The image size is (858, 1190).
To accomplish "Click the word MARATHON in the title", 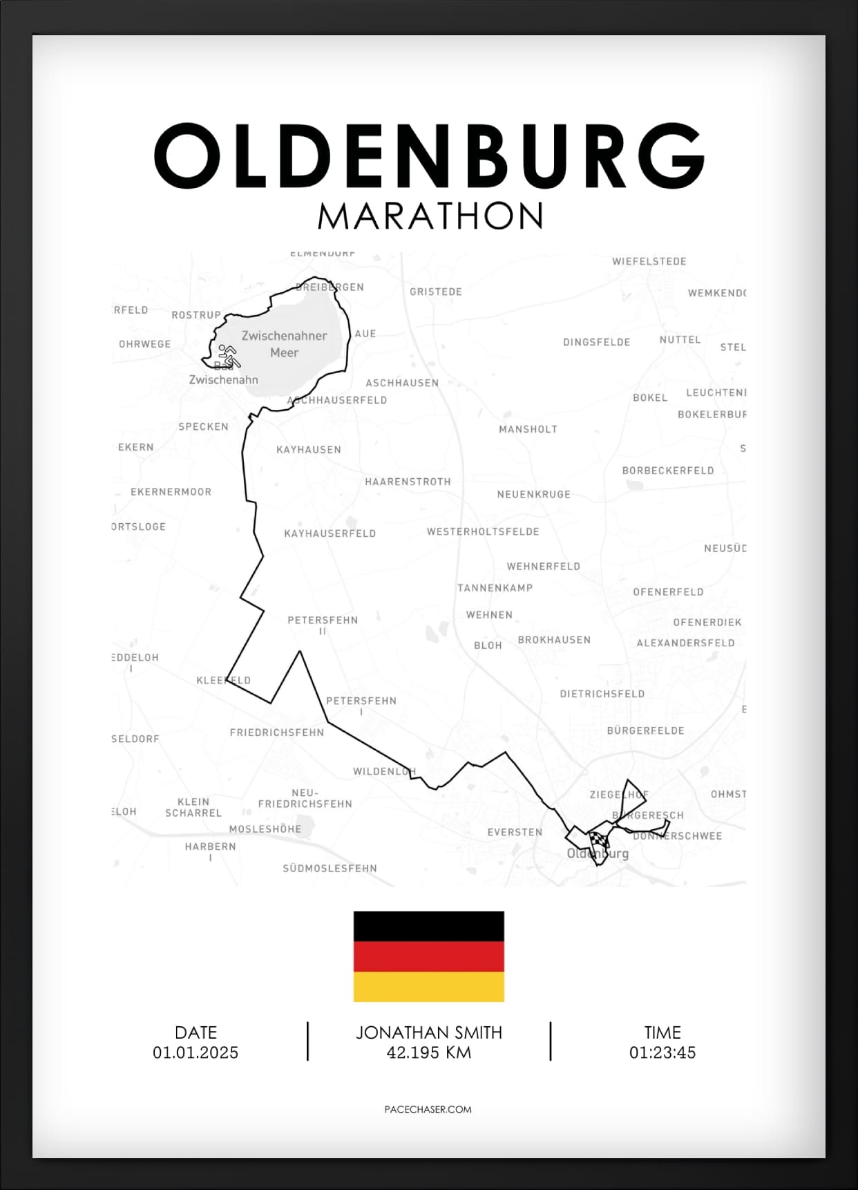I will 430,216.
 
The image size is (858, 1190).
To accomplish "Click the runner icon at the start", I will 229,356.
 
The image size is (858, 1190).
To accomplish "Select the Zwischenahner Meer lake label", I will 284,344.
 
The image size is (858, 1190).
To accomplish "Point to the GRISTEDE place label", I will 436,292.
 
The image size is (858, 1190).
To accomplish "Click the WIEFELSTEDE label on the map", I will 649,261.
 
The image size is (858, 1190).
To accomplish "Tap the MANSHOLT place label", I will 528,429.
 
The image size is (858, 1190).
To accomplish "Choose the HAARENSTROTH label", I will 408,482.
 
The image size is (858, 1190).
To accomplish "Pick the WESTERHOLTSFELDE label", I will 483,531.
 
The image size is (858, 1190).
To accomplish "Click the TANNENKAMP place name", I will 495,588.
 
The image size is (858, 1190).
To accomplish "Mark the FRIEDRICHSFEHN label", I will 277,733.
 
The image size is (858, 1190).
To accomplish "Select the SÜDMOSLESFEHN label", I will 330,868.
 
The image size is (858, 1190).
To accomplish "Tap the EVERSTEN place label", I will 515,832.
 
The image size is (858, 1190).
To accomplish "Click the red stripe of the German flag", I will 428,956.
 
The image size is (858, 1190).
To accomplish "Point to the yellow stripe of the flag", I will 428,987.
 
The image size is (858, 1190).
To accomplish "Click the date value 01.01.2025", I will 196,1052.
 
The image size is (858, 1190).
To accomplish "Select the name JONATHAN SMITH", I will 428,1032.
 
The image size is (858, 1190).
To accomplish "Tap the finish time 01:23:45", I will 662,1052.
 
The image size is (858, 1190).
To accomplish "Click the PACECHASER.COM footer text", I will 428,1109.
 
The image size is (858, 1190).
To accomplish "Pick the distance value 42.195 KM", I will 428,1052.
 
